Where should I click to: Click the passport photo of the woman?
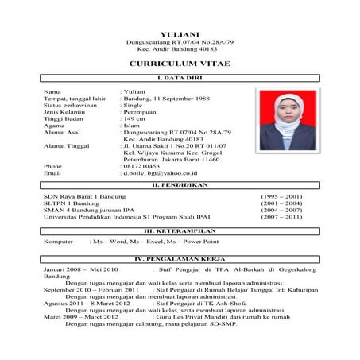coord(285,120)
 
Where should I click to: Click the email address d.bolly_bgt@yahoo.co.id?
coord(160,172)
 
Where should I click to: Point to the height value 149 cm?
coord(135,118)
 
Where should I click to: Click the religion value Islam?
coord(132,126)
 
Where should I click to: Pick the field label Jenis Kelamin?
coord(65,112)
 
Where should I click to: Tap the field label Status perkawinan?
coord(71,105)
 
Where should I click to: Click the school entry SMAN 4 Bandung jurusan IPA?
coord(90,210)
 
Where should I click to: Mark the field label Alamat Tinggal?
coord(67,146)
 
